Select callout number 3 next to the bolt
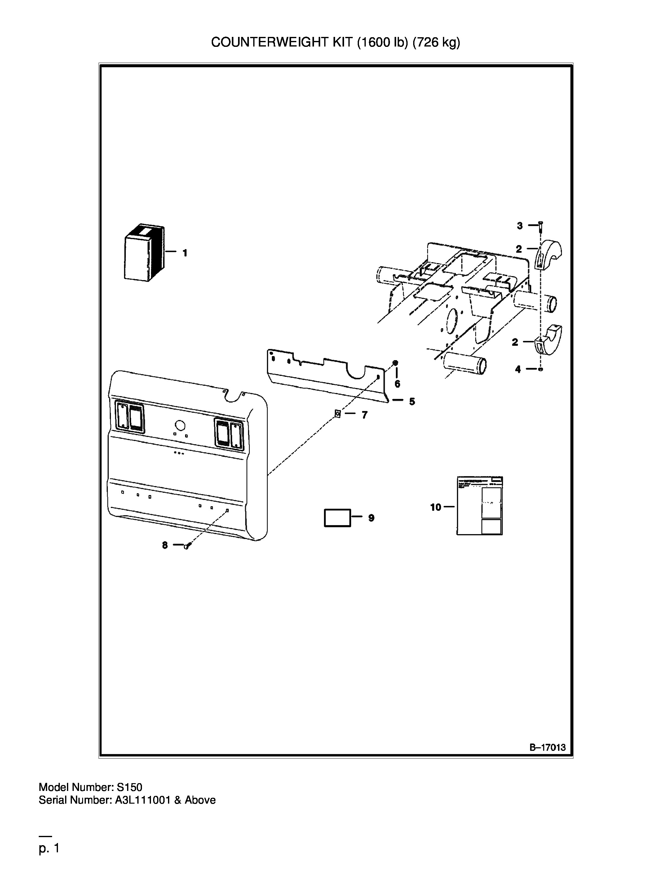pos(519,226)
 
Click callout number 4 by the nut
pos(518,369)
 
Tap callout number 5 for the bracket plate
pos(412,402)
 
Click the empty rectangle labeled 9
pos(338,518)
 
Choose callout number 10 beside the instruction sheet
pos(435,507)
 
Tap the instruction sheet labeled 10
pos(480,506)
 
